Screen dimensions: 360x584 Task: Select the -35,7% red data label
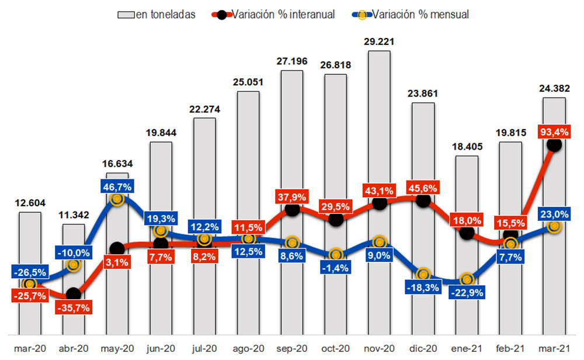74,308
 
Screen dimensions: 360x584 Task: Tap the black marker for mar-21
554,145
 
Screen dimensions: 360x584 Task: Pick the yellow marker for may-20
117,199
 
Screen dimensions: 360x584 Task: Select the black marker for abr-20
73,294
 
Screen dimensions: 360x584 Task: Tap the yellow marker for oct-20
335,254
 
